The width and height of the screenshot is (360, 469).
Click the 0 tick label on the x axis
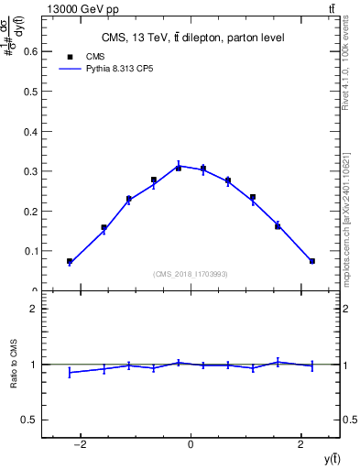coord(191,446)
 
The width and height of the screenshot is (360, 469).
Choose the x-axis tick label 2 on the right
coord(301,446)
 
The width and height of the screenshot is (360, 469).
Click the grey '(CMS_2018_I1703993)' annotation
coord(191,274)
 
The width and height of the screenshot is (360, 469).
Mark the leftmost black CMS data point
coord(70,261)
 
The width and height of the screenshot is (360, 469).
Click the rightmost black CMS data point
coord(312,261)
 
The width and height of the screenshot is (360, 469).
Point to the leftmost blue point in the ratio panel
coord(70,372)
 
